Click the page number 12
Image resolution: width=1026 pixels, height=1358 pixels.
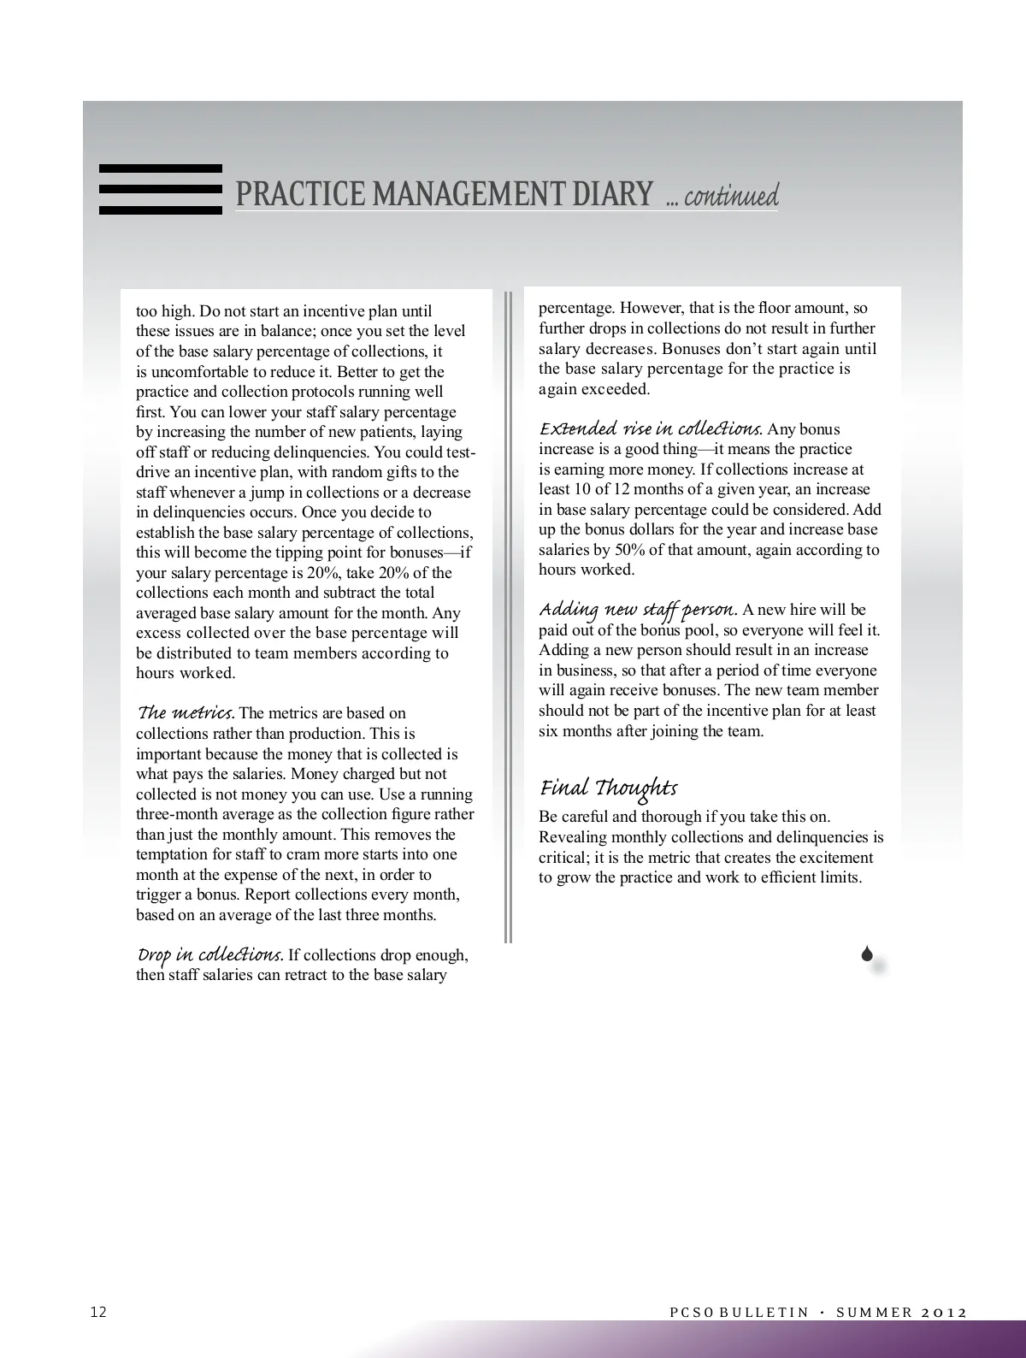point(99,1312)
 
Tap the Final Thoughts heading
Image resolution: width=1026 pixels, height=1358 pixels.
point(608,788)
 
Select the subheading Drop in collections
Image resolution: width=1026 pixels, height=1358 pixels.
point(209,954)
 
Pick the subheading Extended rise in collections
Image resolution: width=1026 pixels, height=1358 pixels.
point(650,428)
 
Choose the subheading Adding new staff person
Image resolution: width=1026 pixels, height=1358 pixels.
point(638,609)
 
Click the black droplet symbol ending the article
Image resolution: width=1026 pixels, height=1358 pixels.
point(867,954)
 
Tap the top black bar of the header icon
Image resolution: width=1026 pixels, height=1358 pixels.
point(161,168)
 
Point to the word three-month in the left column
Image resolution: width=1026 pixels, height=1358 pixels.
point(175,814)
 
